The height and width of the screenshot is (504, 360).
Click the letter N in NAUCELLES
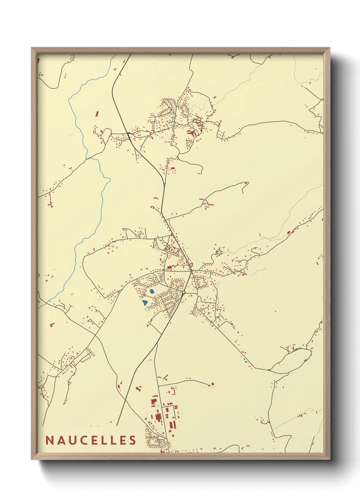point(49,440)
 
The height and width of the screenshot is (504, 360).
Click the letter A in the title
point(60,440)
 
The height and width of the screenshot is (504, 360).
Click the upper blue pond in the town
point(151,292)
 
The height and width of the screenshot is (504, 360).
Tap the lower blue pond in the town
point(145,302)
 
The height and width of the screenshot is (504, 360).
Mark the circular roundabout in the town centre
point(183,292)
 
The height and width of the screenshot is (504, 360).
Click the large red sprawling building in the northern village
point(191,132)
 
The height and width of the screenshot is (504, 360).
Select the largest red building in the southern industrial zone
point(158,417)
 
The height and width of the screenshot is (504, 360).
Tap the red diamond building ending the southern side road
point(213,384)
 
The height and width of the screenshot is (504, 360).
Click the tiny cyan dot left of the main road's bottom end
point(111,422)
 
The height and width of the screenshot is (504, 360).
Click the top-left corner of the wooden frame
point(32,48)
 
